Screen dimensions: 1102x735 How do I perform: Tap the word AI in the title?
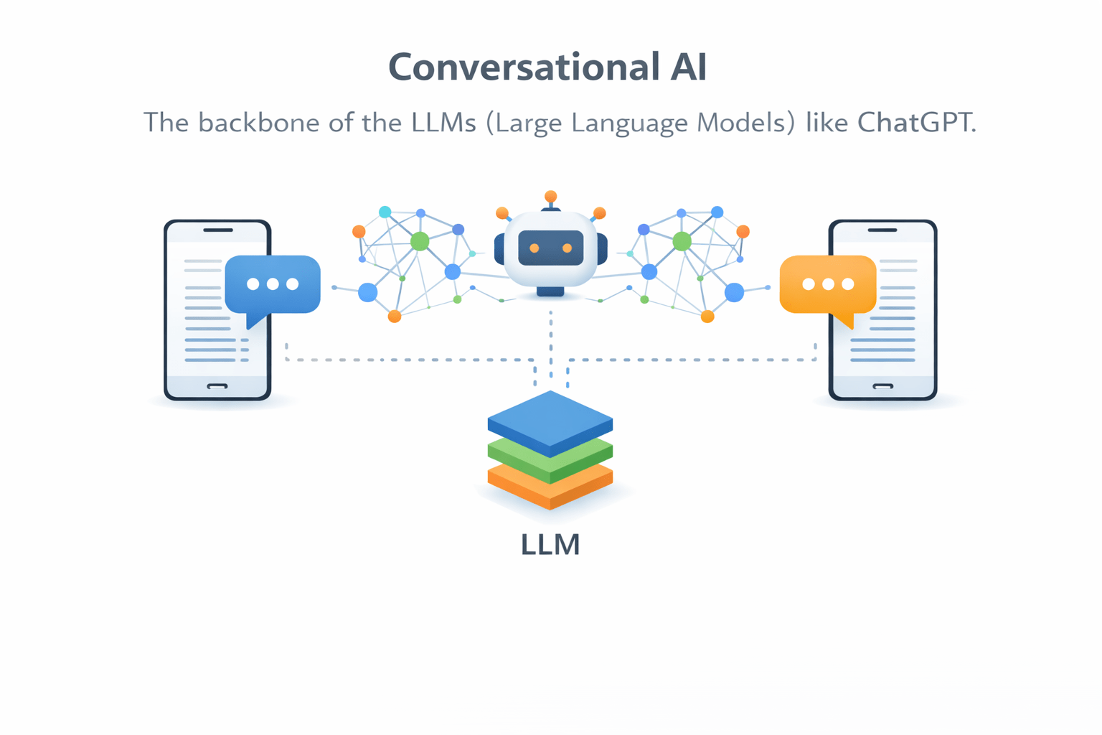click(x=688, y=67)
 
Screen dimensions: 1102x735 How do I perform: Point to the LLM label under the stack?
click(x=550, y=545)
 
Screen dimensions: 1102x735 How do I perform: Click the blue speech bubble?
click(x=273, y=284)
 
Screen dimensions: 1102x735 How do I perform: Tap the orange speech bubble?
click(x=828, y=284)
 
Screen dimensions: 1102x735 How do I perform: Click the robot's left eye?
click(x=534, y=248)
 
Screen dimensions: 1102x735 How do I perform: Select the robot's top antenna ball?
click(x=550, y=196)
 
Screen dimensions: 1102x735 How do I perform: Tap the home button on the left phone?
click(x=217, y=386)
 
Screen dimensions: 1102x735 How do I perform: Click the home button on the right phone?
click(x=882, y=386)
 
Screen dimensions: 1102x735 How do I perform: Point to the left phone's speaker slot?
click(x=218, y=230)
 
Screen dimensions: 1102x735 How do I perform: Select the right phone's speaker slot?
click(x=882, y=230)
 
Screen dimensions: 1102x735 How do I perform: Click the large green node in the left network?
click(x=420, y=241)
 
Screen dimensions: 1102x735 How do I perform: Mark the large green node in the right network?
click(x=682, y=241)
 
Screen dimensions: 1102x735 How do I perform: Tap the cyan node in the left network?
click(x=385, y=212)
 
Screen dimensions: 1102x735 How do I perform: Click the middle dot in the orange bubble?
click(x=828, y=284)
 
